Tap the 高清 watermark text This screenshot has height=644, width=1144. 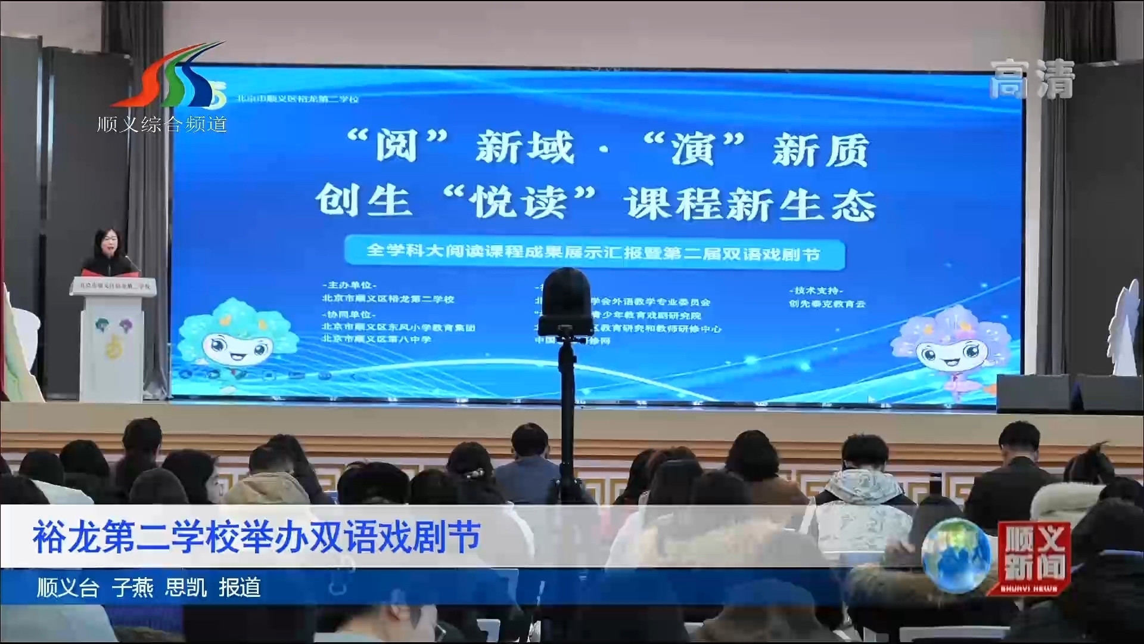[1032, 79]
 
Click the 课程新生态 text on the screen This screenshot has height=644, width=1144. [751, 204]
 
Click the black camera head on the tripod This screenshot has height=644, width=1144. [564, 301]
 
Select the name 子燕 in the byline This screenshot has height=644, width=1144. [132, 588]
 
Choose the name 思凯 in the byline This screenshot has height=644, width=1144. [186, 588]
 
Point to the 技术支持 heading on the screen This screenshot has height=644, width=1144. [816, 291]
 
